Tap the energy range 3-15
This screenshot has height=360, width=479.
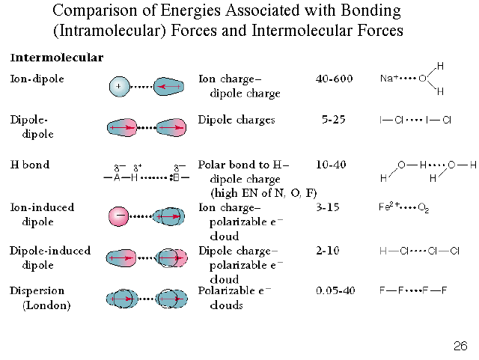pyautogui.click(x=328, y=207)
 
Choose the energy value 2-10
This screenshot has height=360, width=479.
pyautogui.click(x=328, y=251)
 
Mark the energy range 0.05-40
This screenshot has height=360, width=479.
pyautogui.click(x=335, y=290)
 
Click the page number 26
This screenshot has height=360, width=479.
pyautogui.click(x=460, y=346)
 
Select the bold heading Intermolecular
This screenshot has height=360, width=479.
pyautogui.click(x=57, y=58)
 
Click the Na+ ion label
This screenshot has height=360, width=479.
pyautogui.click(x=389, y=78)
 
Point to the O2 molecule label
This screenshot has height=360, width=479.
pyautogui.click(x=424, y=208)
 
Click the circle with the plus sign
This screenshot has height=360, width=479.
pyautogui.click(x=119, y=87)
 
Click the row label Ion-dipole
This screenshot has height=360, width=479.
pyautogui.click(x=37, y=78)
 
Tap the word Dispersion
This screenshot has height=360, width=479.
pyautogui.click(x=37, y=290)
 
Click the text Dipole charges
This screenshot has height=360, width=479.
pyautogui.click(x=237, y=120)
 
